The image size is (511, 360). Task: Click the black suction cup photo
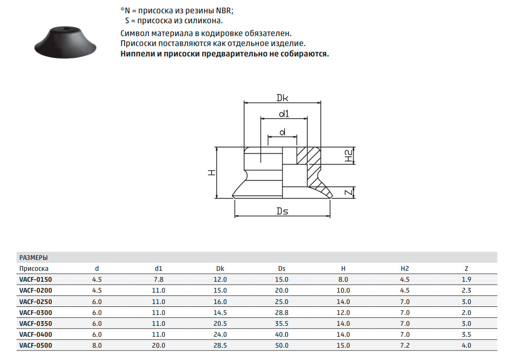point(65,42)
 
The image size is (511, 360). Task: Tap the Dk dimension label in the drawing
point(282,98)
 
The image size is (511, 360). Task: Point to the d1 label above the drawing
point(284,113)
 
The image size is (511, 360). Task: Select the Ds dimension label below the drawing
point(282,211)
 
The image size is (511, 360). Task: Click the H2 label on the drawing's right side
point(349,156)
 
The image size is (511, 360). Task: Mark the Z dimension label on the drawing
point(349,193)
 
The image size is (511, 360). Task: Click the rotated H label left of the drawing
point(212,173)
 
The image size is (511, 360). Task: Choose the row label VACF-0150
point(36,279)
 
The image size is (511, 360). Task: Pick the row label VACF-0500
point(36,345)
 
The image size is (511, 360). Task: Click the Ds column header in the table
point(282,268)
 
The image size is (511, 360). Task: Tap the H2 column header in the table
point(404,268)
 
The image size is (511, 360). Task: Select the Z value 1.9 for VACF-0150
point(466,279)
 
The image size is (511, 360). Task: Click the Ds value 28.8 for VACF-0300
point(282,313)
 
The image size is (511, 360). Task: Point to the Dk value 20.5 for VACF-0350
point(220,323)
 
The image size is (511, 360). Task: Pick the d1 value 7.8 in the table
point(159,279)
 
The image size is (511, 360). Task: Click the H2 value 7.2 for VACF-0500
point(405,345)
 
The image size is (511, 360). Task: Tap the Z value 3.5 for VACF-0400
point(466,334)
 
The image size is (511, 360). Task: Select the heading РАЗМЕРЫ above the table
point(34,258)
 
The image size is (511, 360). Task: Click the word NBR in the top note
point(224,10)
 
